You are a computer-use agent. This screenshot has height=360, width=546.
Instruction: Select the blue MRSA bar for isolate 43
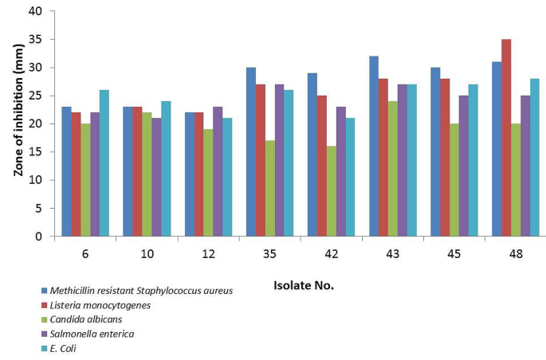pyautogui.click(x=374, y=147)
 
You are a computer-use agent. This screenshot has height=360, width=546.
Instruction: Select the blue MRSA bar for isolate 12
pyautogui.click(x=190, y=174)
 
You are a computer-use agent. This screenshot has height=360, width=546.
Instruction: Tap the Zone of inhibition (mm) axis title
pyautogui.click(x=15, y=123)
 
